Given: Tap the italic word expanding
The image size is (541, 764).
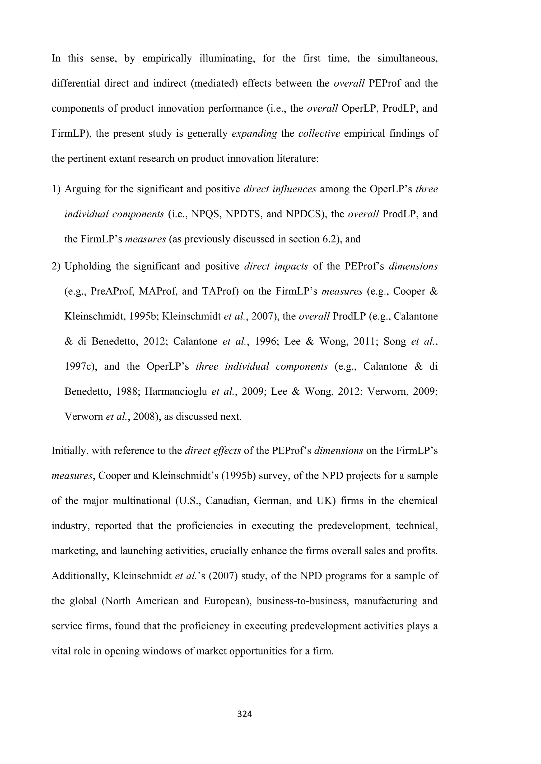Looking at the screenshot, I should pos(254,134).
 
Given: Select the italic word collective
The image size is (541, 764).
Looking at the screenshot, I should pos(319,134).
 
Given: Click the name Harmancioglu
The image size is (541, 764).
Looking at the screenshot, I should pos(176,392).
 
